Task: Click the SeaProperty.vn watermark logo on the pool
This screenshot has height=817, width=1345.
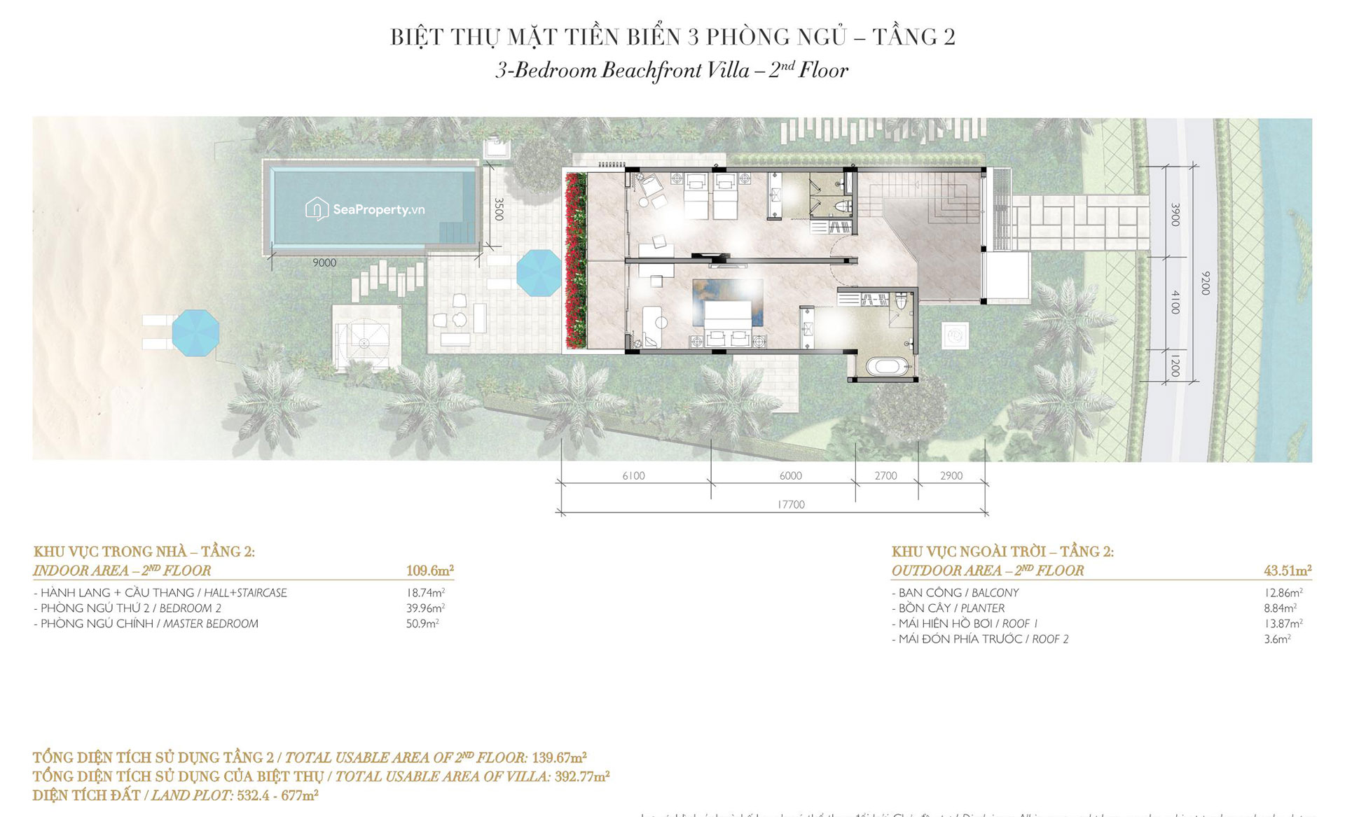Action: (x=365, y=209)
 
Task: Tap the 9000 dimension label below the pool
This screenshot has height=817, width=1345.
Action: (x=324, y=263)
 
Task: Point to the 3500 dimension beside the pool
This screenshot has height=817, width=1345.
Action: (x=499, y=209)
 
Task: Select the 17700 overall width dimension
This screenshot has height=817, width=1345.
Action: (x=791, y=504)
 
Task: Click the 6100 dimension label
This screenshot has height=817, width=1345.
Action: (x=633, y=476)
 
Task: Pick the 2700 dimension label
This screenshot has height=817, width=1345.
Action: (x=885, y=476)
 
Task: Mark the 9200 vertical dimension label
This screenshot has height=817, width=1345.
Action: (x=1205, y=283)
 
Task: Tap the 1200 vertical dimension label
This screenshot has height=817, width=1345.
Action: (x=1175, y=367)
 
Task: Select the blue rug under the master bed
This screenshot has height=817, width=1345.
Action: (x=727, y=301)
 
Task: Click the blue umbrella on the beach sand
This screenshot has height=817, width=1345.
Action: (x=195, y=333)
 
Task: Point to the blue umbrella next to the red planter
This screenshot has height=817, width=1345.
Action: (x=539, y=272)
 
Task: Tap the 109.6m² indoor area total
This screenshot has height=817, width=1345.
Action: (x=429, y=571)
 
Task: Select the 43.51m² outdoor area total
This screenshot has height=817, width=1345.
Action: (x=1287, y=571)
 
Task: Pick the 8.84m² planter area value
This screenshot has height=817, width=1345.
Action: (x=1280, y=608)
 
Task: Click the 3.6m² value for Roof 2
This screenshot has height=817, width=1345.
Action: (x=1277, y=639)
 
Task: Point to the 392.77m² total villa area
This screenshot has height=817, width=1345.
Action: (x=581, y=776)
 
